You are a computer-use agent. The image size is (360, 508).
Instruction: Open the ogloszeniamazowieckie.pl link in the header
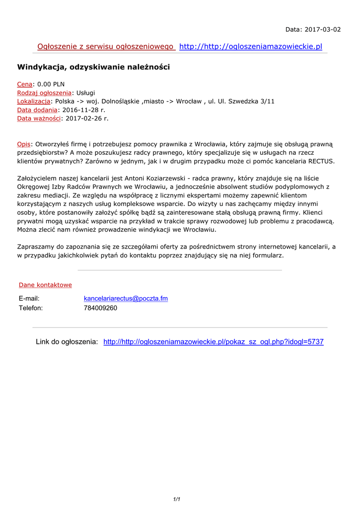pos(250,47)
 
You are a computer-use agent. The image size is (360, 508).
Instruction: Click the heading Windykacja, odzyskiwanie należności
pos(93,66)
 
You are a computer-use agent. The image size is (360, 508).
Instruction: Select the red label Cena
pos(25,84)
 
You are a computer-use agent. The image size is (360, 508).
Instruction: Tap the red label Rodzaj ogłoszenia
pos(44,93)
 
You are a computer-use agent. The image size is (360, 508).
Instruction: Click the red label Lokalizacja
pos(34,101)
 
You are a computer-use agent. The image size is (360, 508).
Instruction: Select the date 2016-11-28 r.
pos(84,110)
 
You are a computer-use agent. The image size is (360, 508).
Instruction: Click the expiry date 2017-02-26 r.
pos(87,118)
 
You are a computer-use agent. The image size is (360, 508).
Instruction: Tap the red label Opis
pos(23,144)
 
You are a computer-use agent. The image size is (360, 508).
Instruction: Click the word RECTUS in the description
pos(321,161)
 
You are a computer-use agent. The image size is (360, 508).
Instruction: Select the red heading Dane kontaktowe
pos(45,285)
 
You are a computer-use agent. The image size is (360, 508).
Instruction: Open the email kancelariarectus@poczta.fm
pos(126,298)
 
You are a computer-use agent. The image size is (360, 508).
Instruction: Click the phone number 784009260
pos(100,308)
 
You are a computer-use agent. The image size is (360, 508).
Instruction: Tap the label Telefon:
pos(31,308)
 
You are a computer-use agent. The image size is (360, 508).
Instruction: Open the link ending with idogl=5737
pos(213,342)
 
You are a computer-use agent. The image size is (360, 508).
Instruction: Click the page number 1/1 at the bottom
pos(176,499)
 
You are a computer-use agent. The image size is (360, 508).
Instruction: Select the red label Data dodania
pos(37,110)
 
